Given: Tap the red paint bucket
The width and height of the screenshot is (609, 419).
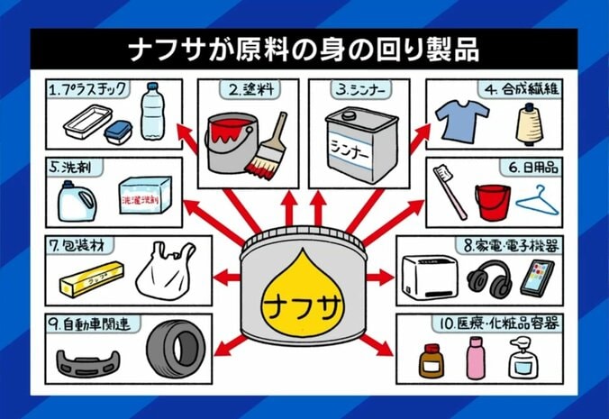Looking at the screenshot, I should [x=232, y=142].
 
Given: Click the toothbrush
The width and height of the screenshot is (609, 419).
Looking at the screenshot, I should [x=450, y=191].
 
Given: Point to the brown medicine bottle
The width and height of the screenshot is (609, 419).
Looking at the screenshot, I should [x=432, y=360].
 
